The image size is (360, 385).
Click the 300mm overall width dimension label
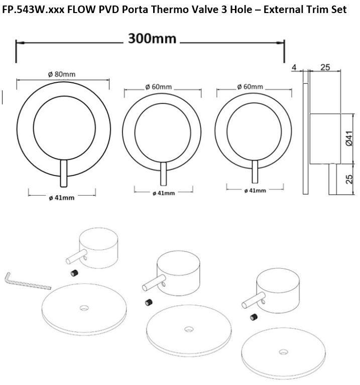point(152,39)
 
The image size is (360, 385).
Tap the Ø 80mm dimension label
point(62,74)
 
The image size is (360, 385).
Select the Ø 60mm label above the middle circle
point(158,87)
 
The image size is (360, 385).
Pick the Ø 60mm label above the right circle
point(250,86)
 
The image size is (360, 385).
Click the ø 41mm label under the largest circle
point(62,198)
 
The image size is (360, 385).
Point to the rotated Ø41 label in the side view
point(349,139)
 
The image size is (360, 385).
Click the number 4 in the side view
point(294,67)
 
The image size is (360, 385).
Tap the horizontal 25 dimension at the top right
point(325,67)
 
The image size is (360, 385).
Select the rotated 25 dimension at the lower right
point(349,179)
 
